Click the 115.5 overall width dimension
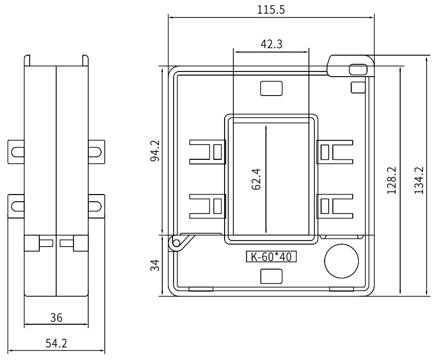click(271, 10)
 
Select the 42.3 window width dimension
click(271, 44)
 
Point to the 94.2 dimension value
click(155, 151)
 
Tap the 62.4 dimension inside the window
click(256, 179)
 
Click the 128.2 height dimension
click(392, 180)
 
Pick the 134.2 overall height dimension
click(419, 180)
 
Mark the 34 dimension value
click(155, 266)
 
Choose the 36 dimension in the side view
click(56, 318)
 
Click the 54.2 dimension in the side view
click(56, 343)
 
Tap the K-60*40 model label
click(271, 257)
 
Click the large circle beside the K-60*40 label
click(342, 261)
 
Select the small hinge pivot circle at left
click(176, 243)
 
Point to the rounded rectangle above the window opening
click(271, 88)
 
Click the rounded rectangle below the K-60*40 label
click(271, 276)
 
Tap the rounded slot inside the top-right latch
click(358, 69)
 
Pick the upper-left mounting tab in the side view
click(16, 152)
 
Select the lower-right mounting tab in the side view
click(96, 206)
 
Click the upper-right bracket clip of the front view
click(335, 152)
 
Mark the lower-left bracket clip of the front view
click(208, 206)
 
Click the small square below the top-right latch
click(358, 87)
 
